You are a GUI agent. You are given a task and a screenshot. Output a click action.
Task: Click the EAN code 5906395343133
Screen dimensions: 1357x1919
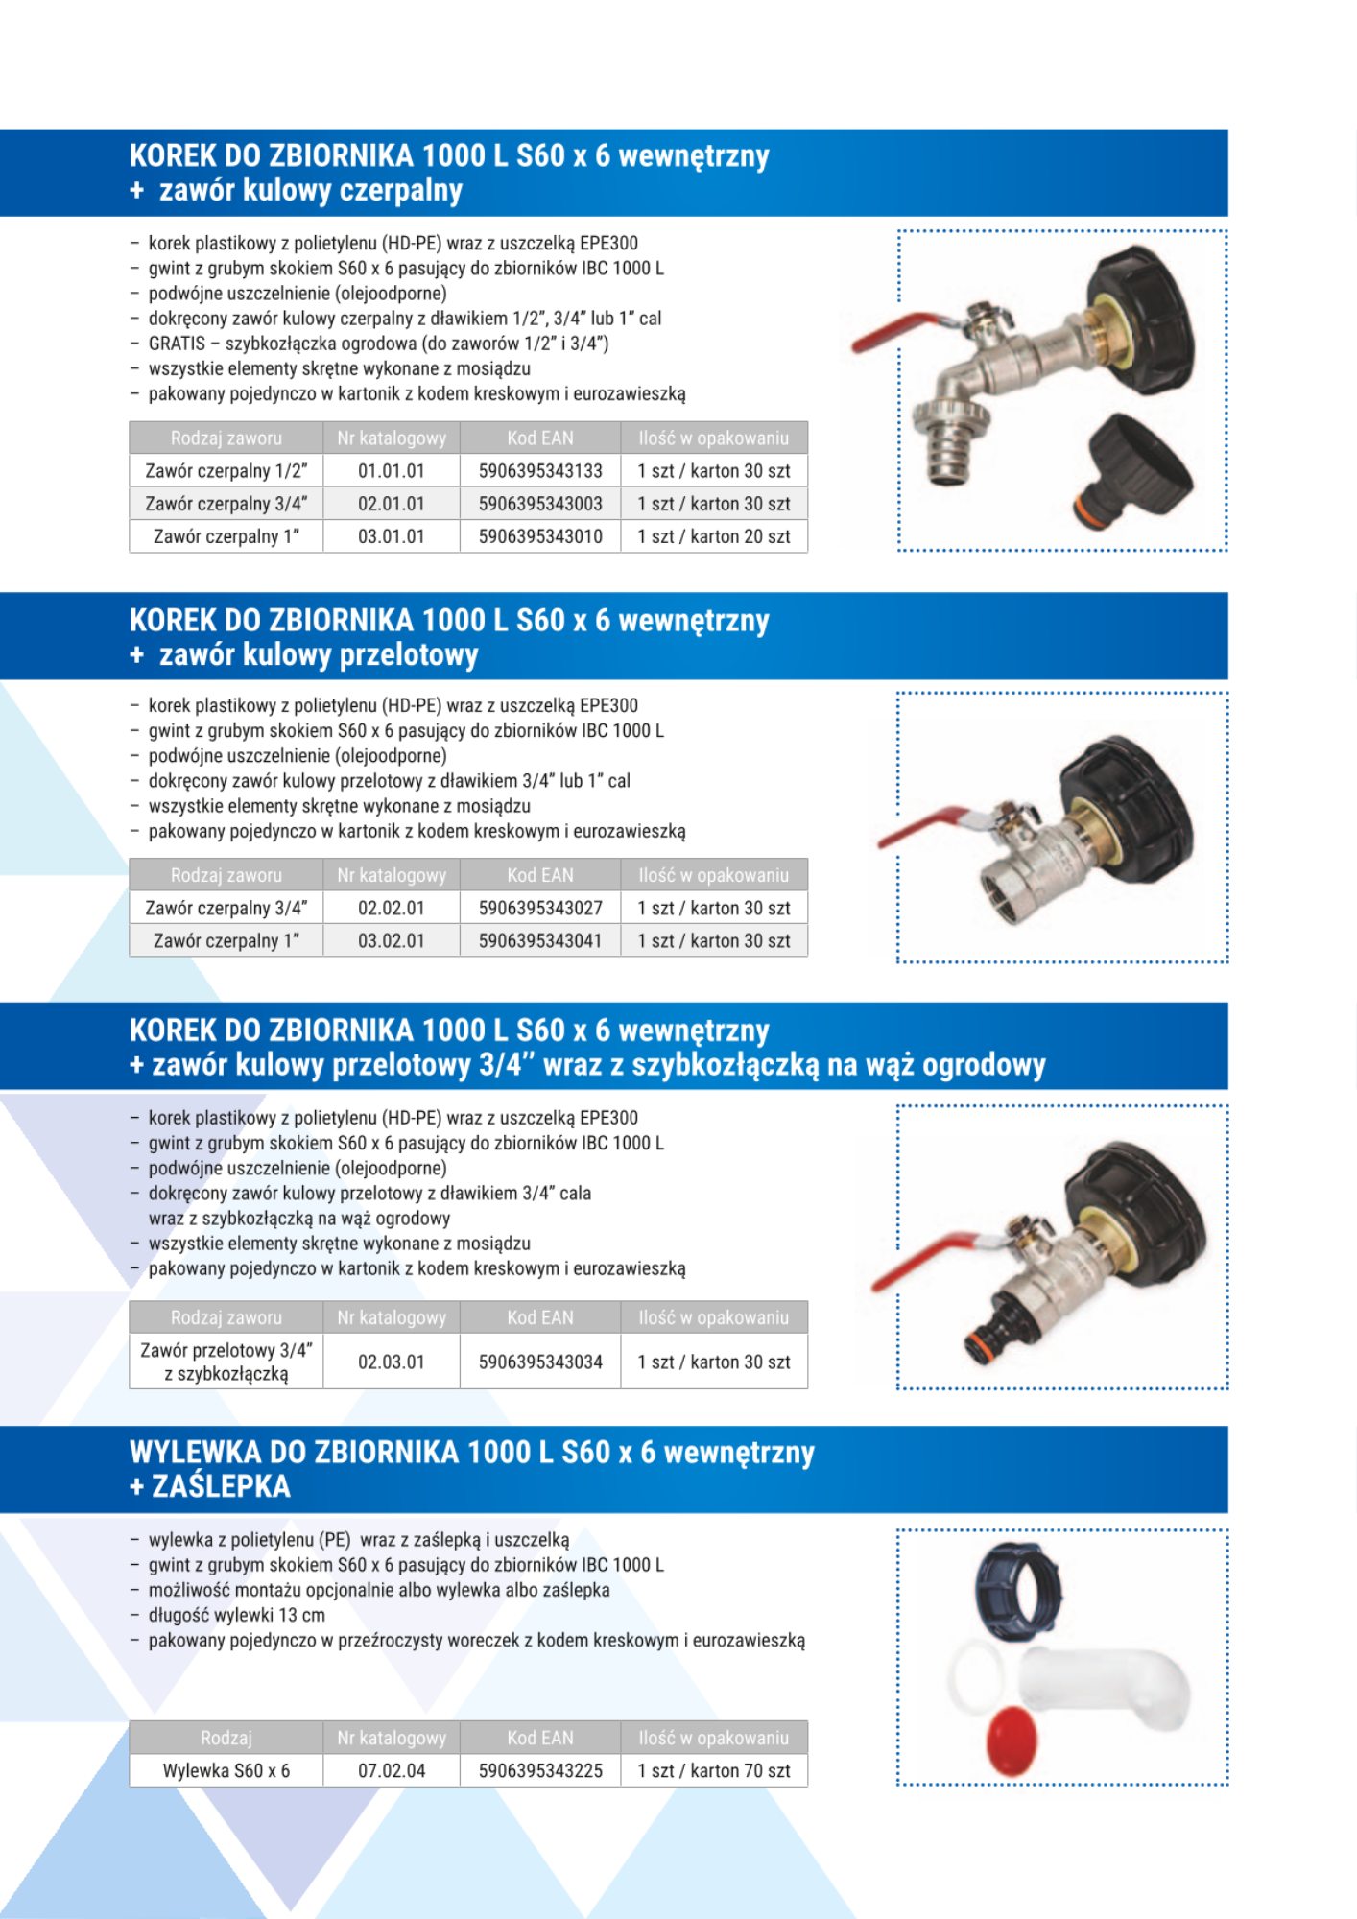point(540,471)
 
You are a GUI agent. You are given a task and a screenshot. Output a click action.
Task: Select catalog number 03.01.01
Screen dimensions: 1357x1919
point(392,536)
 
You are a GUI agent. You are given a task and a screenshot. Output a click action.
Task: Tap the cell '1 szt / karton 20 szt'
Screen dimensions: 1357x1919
point(714,536)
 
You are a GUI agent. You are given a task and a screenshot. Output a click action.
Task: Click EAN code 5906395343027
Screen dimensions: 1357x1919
point(540,908)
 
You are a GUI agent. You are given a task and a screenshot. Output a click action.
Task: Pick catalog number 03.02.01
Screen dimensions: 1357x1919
point(392,940)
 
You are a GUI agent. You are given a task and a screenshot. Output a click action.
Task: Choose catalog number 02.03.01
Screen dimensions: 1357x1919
point(392,1362)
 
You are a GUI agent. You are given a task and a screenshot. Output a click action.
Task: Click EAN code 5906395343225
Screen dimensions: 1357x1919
point(540,1770)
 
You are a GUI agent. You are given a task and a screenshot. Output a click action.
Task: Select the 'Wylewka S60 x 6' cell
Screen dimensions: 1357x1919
point(226,1770)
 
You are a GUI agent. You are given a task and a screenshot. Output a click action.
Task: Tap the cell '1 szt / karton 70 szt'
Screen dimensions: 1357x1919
point(714,1770)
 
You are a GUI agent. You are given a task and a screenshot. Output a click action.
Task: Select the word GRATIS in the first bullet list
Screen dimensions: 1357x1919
point(178,344)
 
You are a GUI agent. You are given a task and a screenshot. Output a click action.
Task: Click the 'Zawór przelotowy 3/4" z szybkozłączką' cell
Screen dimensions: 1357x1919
point(226,1362)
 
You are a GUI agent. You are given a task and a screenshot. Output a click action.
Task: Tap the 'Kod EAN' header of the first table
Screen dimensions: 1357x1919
point(540,438)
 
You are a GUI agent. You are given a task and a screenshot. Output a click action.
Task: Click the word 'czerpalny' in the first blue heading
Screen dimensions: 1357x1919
point(401,191)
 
